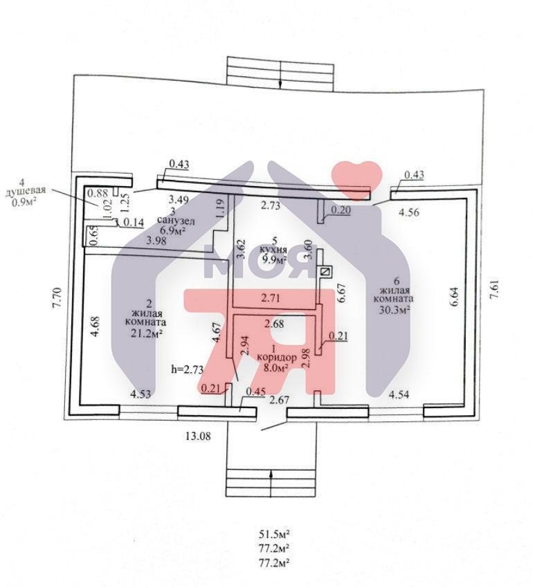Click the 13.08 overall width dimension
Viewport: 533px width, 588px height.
click(198, 436)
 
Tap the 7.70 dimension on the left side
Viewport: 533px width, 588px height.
click(57, 297)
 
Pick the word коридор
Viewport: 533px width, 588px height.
click(276, 358)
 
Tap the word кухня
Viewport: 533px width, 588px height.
click(274, 250)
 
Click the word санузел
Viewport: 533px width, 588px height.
click(177, 221)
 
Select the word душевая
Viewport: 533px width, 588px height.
click(25, 190)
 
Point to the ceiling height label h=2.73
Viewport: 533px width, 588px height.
click(188, 369)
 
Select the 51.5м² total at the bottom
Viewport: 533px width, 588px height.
click(273, 534)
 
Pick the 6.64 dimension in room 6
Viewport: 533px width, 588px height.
click(455, 297)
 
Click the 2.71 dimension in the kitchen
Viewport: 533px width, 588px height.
click(272, 299)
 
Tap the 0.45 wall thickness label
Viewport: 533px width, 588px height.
click(255, 392)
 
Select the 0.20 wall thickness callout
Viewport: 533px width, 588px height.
click(340, 210)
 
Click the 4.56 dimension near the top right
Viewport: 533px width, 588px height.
click(409, 212)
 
